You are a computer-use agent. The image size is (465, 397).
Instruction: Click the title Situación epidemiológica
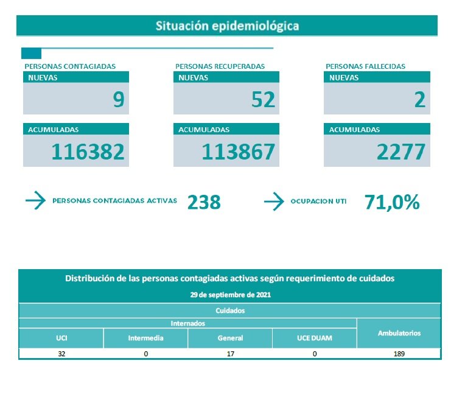[x=227, y=26]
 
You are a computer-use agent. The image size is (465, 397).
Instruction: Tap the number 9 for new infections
[x=118, y=99]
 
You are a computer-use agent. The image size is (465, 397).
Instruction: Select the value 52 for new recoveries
[x=263, y=99]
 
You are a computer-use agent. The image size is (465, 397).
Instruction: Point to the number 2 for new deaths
[x=419, y=99]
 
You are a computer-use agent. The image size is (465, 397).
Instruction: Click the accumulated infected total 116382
[x=88, y=152]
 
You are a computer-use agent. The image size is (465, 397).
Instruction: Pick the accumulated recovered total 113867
[x=239, y=152]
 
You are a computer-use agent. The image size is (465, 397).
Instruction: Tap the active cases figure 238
[x=204, y=202]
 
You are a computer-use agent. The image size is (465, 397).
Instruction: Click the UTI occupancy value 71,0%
[x=392, y=202]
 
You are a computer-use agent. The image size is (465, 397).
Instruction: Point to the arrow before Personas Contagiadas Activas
[x=35, y=201]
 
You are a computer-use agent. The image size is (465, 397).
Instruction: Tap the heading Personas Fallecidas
[x=365, y=66]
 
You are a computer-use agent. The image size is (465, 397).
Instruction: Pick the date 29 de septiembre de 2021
[x=229, y=294]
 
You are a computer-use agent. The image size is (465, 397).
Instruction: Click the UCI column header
[x=61, y=338]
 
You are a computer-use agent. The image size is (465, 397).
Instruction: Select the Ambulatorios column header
[x=399, y=333]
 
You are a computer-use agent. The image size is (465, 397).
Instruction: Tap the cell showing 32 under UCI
[x=61, y=354]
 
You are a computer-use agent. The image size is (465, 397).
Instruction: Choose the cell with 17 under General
[x=230, y=354]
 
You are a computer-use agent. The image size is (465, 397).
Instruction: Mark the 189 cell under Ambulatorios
[x=399, y=354]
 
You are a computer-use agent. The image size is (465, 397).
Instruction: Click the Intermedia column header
[x=145, y=338]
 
